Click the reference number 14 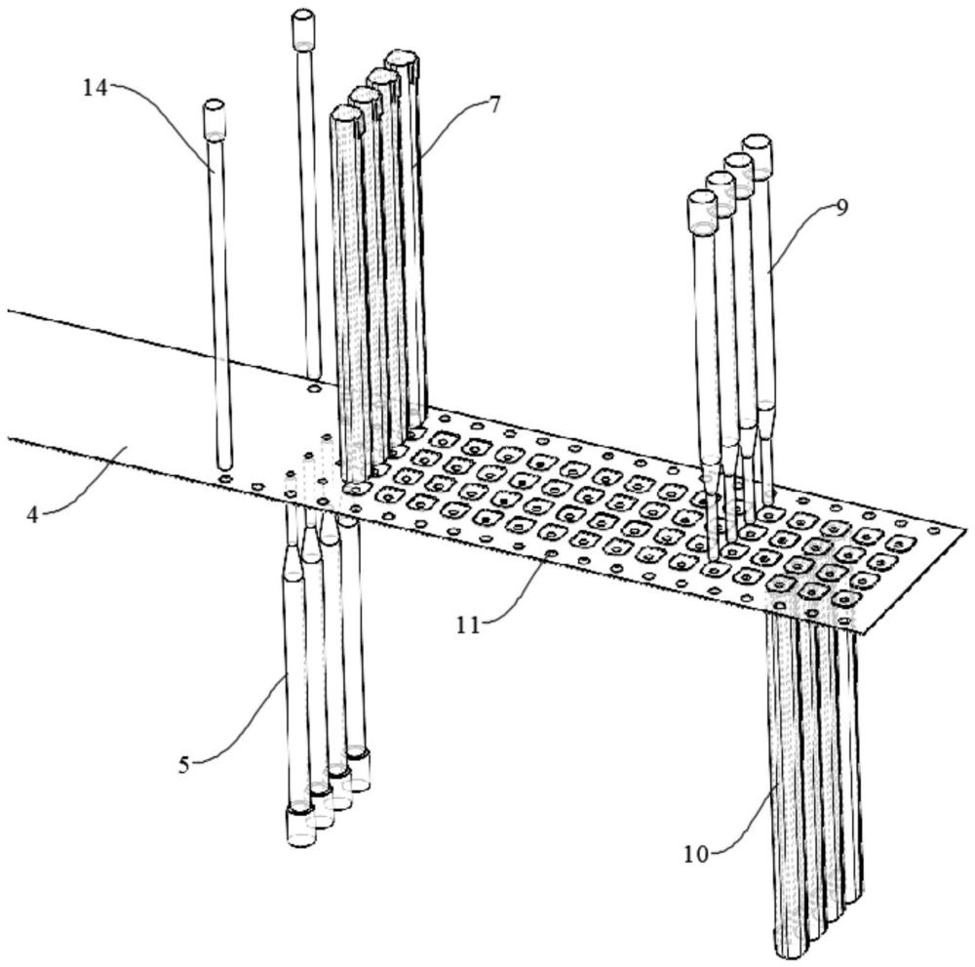[95, 88]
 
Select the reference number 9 [841, 207]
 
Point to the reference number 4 [32, 513]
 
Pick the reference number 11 [469, 625]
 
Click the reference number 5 [184, 764]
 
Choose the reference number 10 [695, 854]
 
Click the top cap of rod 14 [214, 118]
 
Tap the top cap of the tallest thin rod [303, 28]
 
